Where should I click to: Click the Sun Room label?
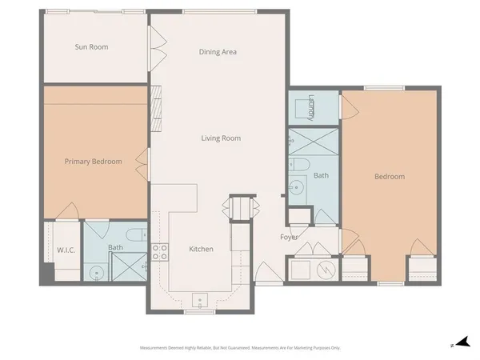coord(91,47)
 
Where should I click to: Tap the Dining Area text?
coord(218,52)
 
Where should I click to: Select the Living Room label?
coord(221,138)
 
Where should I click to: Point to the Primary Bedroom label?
coord(94,162)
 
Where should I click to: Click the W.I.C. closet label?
coord(66,250)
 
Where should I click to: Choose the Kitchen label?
coord(201,250)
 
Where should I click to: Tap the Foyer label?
coord(289,238)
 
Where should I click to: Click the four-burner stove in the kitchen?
coord(159,253)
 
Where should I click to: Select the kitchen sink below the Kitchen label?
coord(200,302)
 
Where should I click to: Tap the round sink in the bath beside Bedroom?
coord(296,190)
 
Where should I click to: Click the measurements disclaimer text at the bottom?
coord(240,348)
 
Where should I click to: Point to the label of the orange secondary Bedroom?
coord(390,177)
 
